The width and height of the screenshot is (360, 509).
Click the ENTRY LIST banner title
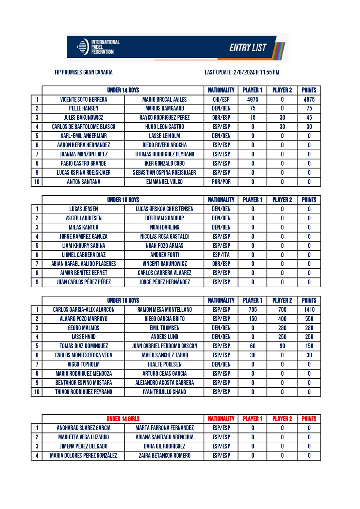pos(248,47)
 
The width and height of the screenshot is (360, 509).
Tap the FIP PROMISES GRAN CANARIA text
pos(84,72)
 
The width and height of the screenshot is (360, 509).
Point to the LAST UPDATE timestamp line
pos(242,72)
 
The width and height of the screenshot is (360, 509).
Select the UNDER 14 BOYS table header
pos(123,90)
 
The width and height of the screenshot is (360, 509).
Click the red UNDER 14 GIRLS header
pos(123,419)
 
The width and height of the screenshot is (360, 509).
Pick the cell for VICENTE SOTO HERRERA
pos(83,99)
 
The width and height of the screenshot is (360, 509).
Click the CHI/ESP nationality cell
pos(221,99)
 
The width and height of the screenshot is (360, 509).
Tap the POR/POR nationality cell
pos(221,182)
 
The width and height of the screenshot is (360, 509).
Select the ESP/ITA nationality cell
pos(221,255)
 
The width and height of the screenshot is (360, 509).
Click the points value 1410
pos(309,309)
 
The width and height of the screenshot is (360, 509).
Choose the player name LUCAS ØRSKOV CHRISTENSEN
pos(164,209)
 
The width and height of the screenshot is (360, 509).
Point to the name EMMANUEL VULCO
pos(164,182)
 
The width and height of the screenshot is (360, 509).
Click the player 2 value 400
pos(282,319)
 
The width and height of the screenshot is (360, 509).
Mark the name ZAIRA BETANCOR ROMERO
pos(164,455)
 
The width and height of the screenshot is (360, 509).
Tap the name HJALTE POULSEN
pos(164,364)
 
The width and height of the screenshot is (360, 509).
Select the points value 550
pos(309,319)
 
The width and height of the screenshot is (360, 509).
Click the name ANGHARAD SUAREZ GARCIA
pos(83,428)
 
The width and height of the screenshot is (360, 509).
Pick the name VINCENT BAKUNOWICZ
pos(164,264)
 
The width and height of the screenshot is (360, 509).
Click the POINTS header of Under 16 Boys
pos(309,200)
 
